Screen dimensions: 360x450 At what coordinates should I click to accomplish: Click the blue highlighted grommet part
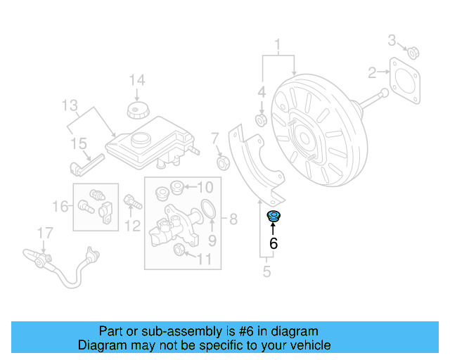273,217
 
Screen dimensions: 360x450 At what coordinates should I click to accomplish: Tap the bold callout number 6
274,244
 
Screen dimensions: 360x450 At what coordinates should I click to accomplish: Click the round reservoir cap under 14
136,111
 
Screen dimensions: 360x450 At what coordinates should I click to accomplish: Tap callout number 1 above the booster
278,47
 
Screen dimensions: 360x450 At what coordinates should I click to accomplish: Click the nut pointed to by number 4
261,122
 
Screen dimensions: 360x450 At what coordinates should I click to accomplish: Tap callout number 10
204,187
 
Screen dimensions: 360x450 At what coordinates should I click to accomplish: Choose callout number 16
60,207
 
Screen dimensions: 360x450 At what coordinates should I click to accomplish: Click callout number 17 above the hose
44,232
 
